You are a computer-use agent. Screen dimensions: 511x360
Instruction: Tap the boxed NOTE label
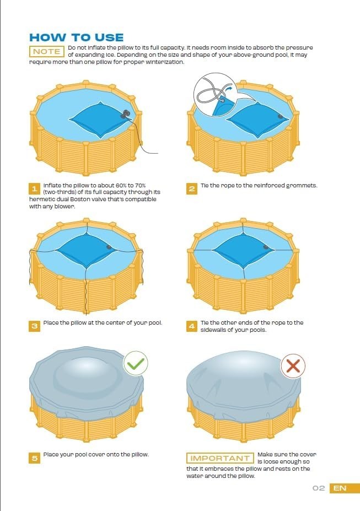tap(46, 51)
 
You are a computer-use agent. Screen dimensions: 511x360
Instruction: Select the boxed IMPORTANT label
tap(220, 458)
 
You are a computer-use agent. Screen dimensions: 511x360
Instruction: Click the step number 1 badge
tap(34, 189)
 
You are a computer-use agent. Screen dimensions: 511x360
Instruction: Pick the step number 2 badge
tap(192, 189)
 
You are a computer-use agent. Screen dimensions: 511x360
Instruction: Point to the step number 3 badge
tap(34, 326)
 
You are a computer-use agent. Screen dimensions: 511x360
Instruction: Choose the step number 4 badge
tap(192, 326)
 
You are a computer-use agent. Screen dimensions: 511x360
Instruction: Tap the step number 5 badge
tap(34, 458)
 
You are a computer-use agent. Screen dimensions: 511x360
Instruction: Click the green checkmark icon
tap(135, 364)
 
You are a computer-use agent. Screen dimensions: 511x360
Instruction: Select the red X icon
tap(293, 367)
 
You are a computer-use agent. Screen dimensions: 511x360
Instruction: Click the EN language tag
tap(340, 488)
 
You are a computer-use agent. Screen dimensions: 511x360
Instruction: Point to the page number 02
tap(318, 488)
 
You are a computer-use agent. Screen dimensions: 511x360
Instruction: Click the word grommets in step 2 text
tap(302, 186)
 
